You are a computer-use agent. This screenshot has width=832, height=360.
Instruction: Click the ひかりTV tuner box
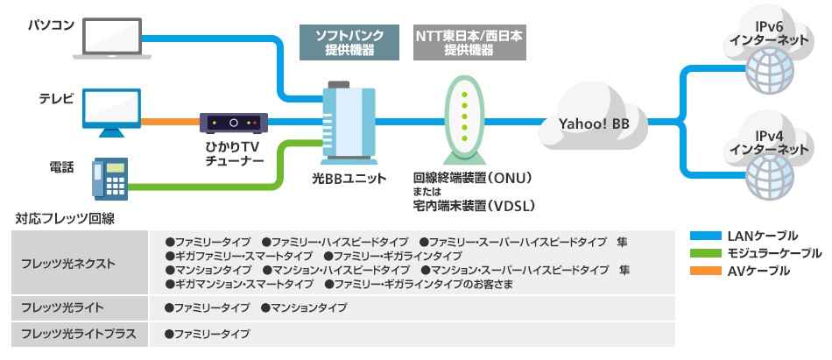(x=232, y=123)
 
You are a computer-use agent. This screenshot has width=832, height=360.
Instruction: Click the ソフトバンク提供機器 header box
(x=350, y=43)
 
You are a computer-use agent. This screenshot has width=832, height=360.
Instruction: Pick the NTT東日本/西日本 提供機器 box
(x=469, y=43)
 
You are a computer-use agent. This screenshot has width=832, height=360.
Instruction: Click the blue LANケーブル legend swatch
(x=706, y=236)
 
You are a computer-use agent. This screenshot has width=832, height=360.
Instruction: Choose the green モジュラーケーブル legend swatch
(x=706, y=253)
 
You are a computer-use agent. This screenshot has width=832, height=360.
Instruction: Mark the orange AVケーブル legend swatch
(x=706, y=272)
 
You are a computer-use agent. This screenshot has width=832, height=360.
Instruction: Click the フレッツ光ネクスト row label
(x=67, y=263)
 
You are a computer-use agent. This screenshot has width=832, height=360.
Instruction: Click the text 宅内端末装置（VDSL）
(x=474, y=207)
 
